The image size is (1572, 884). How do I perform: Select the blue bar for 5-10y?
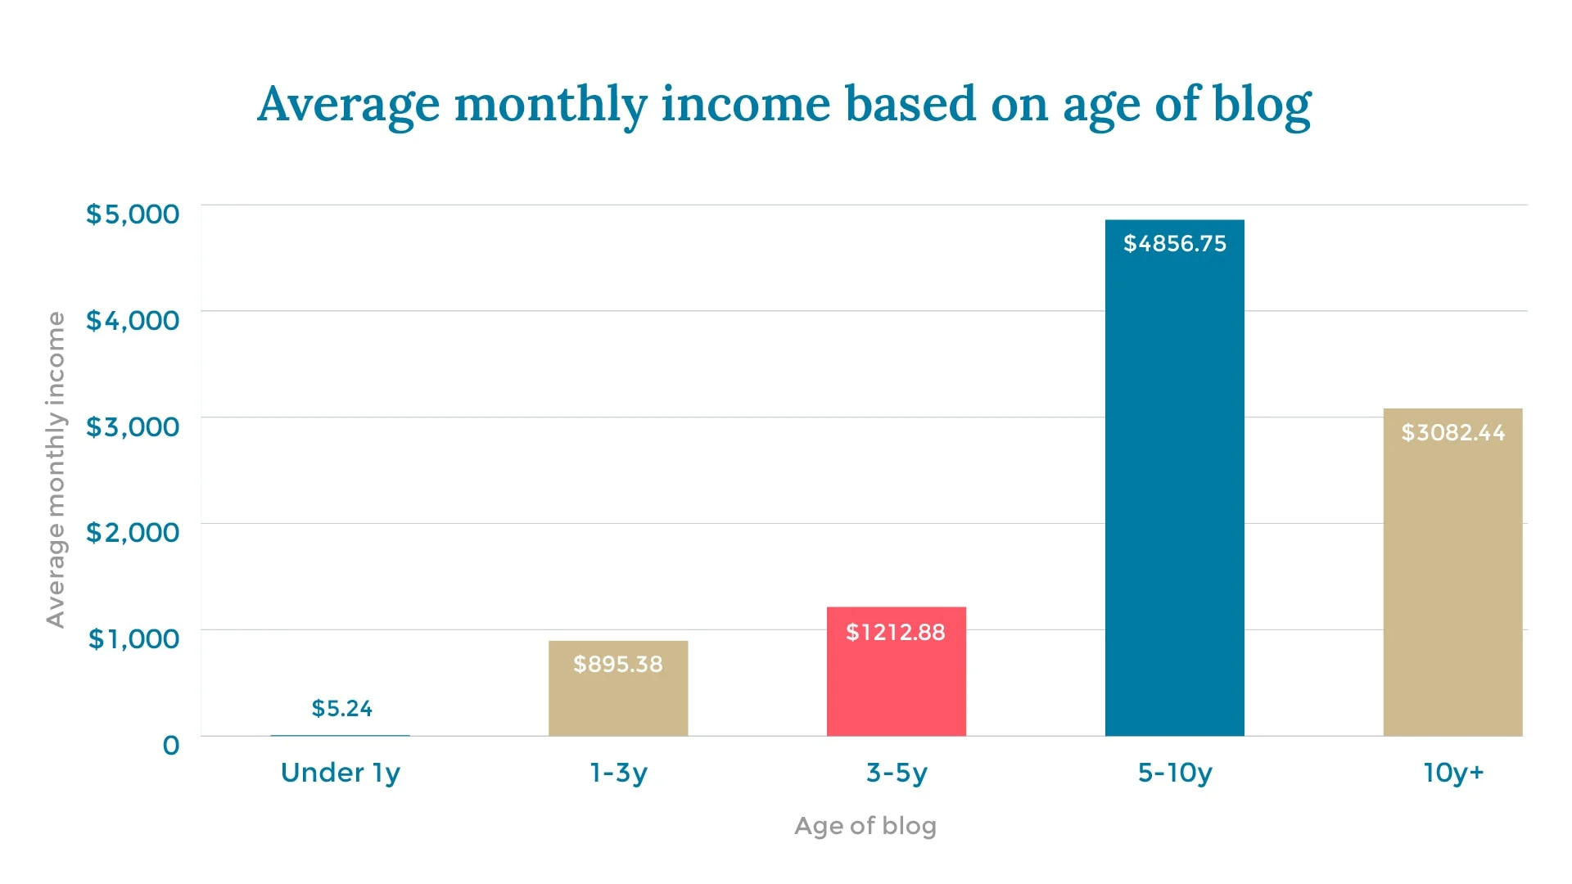pyautogui.click(x=1174, y=491)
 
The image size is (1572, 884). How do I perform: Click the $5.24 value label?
pyautogui.click(x=341, y=708)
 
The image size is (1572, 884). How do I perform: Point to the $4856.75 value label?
pyautogui.click(x=1174, y=243)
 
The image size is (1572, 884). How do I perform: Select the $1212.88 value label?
pyautogui.click(x=895, y=632)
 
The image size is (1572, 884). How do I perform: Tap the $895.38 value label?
pyautogui.click(x=618, y=664)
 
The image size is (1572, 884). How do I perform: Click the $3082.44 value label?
pyautogui.click(x=1452, y=432)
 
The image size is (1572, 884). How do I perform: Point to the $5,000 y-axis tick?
pyautogui.click(x=133, y=214)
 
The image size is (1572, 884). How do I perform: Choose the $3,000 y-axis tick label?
pyautogui.click(x=133, y=426)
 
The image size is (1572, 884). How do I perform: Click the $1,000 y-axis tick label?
pyautogui.click(x=133, y=638)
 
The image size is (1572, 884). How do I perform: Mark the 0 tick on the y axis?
pyautogui.click(x=170, y=745)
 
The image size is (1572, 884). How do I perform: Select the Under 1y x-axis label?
pyautogui.click(x=340, y=773)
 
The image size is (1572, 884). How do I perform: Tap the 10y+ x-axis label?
pyautogui.click(x=1452, y=773)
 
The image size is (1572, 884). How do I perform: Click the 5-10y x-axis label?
pyautogui.click(x=1174, y=773)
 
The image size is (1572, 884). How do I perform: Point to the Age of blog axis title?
pyautogui.click(x=865, y=826)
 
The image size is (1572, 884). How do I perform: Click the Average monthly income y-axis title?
pyautogui.click(x=55, y=470)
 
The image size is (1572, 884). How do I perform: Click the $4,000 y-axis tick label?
pyautogui.click(x=133, y=320)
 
